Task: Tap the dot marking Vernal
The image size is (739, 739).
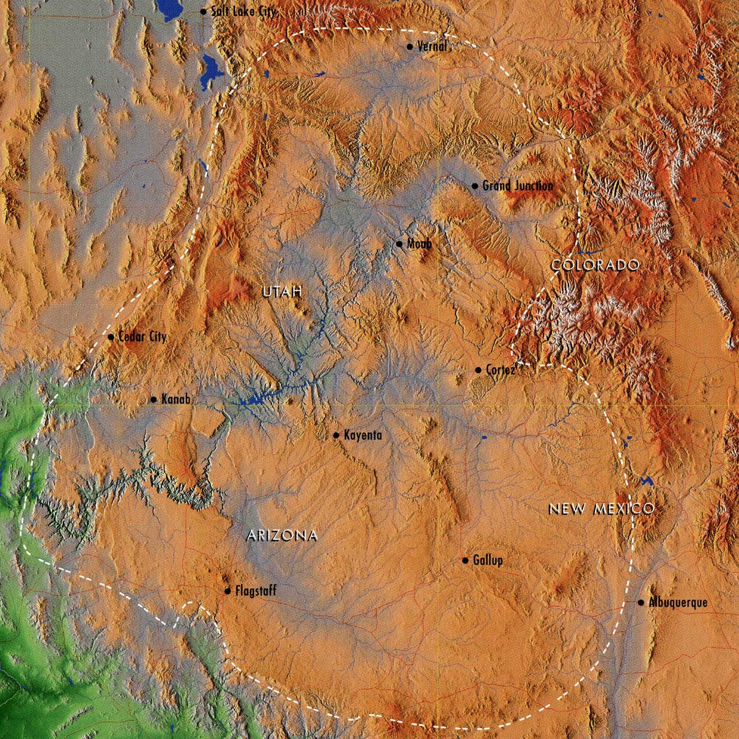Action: pos(410,47)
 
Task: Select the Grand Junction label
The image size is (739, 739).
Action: pos(517,186)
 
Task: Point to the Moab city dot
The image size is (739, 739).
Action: pos(399,244)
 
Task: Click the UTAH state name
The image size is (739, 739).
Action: pos(282,292)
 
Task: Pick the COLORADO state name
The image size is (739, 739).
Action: pos(595,265)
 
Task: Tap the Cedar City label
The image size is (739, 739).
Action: pos(142,337)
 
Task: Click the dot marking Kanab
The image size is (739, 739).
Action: pos(154,399)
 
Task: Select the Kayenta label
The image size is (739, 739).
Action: pos(362,435)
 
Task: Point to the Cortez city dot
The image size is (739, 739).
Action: pos(478,370)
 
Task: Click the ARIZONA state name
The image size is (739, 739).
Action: pos(282,536)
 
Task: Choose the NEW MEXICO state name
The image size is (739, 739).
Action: pos(601,509)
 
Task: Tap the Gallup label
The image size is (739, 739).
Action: pos(487,561)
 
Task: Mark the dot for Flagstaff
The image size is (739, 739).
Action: pos(227,591)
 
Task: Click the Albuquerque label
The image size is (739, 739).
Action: pos(678,603)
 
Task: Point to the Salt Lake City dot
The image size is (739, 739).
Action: pos(203,11)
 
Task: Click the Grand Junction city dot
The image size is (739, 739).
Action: pos(475,186)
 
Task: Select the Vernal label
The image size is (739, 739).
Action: pos(432,47)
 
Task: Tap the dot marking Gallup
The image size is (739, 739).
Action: pos(465,560)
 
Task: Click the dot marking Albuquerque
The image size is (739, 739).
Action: pos(641,603)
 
